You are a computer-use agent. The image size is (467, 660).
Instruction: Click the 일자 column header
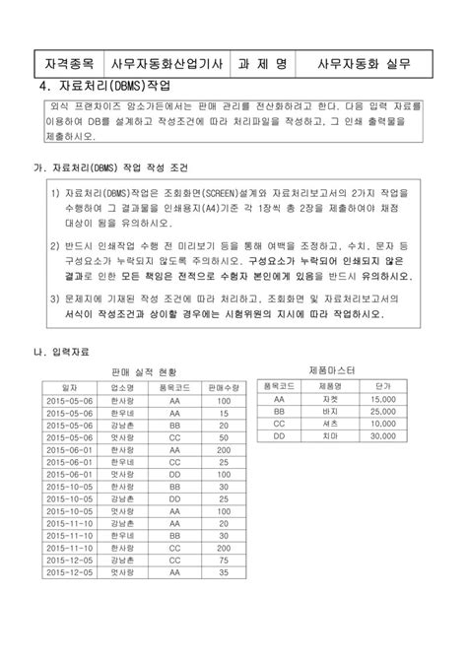(x=70, y=388)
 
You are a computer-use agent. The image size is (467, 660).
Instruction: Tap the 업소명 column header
(x=123, y=388)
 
